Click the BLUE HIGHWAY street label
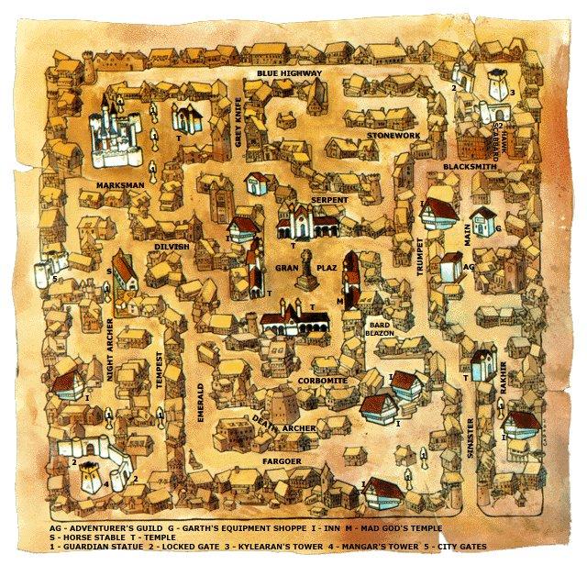click(x=289, y=73)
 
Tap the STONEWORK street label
click(x=393, y=136)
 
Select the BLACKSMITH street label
click(x=469, y=168)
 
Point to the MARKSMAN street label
click(x=120, y=185)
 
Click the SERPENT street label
click(x=328, y=199)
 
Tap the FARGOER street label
click(x=281, y=459)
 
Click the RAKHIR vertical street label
click(x=503, y=368)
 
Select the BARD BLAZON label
click(x=382, y=329)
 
